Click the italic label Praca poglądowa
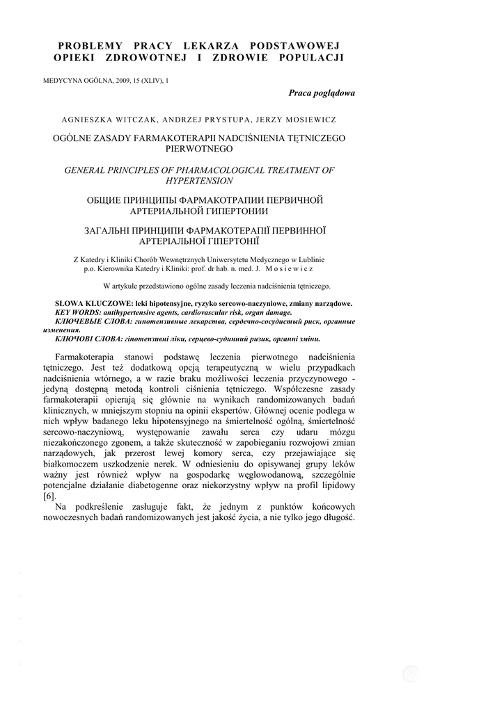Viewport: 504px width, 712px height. tap(322, 93)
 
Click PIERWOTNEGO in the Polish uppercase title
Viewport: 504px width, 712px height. tap(200, 149)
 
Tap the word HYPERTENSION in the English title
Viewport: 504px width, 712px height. tap(200, 181)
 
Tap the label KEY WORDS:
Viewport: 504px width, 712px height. tap(79, 313)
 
